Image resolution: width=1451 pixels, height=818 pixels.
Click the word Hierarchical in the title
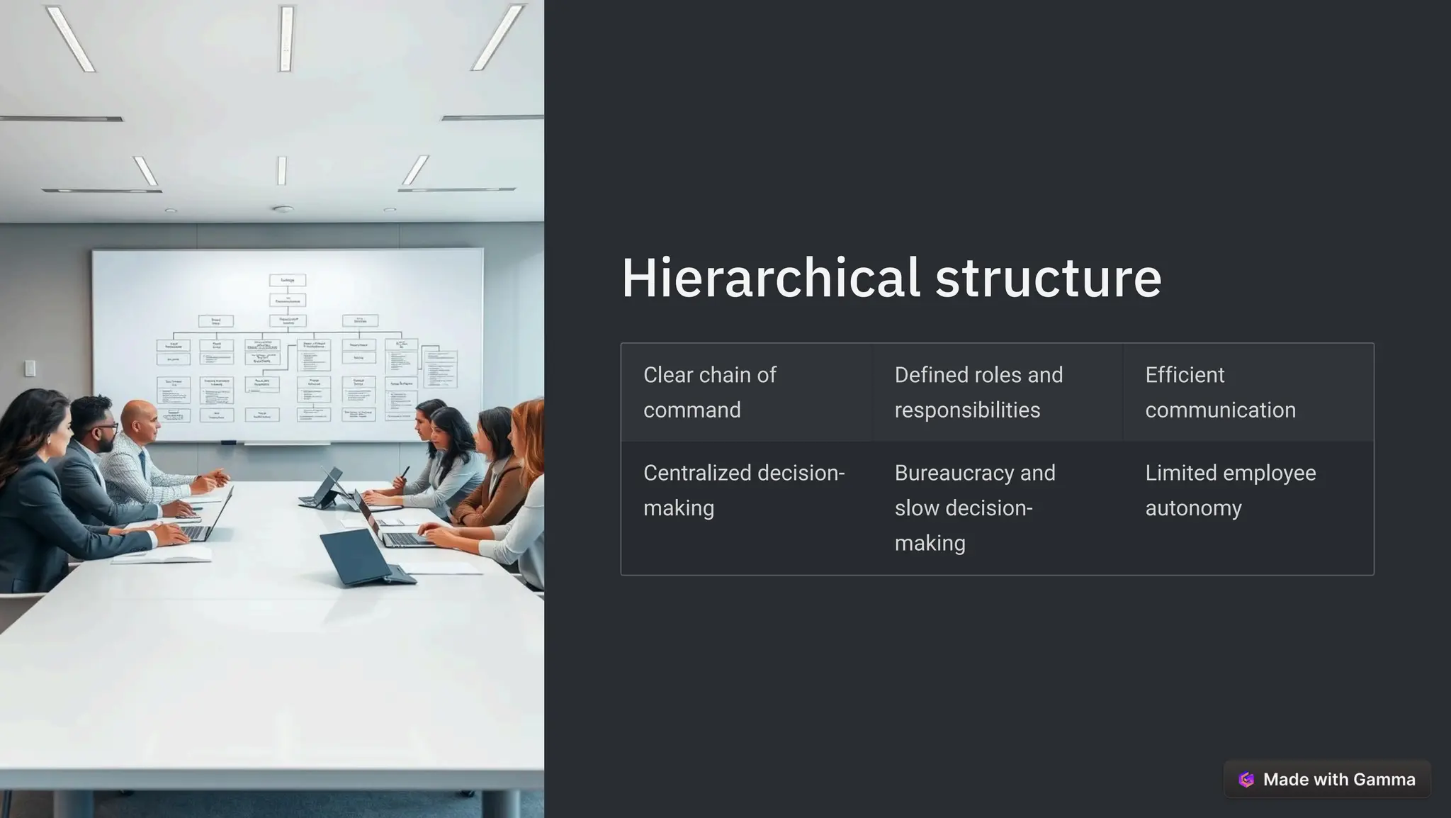coord(770,278)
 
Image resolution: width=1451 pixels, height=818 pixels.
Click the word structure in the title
coord(1048,278)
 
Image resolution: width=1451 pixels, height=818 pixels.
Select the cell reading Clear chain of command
coord(746,392)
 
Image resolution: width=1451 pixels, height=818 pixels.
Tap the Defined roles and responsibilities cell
coord(997,392)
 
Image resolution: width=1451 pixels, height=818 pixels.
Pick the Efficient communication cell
coord(1248,392)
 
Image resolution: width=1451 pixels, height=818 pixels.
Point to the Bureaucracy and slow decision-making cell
coord(997,508)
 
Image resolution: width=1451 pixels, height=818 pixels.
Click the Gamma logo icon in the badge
coord(1246,780)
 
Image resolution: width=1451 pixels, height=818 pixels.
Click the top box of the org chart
coord(288,280)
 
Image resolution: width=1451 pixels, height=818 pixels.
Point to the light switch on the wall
coord(30,368)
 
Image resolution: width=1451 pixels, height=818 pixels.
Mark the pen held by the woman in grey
coord(405,473)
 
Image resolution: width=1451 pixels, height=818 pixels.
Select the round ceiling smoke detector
coord(283,209)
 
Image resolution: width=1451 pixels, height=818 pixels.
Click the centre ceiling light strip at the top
coord(286,38)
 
